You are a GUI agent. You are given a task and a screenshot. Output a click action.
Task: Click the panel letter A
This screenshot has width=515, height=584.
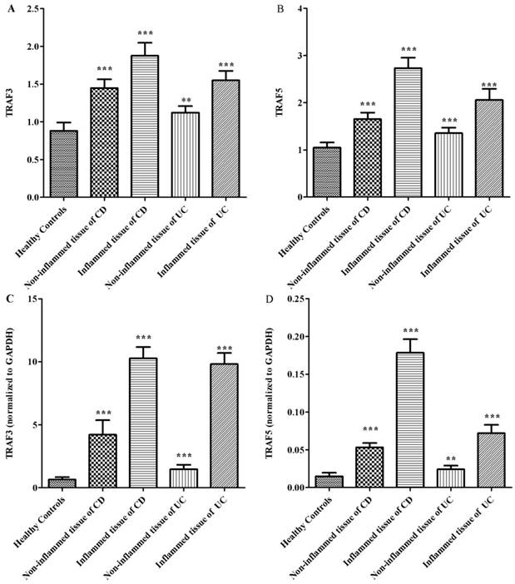click(7, 8)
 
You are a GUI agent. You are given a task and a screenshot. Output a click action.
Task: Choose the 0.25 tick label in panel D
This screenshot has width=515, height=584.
click(296, 299)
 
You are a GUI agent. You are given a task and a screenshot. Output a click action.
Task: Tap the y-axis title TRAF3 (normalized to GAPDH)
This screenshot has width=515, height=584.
click(11, 393)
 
